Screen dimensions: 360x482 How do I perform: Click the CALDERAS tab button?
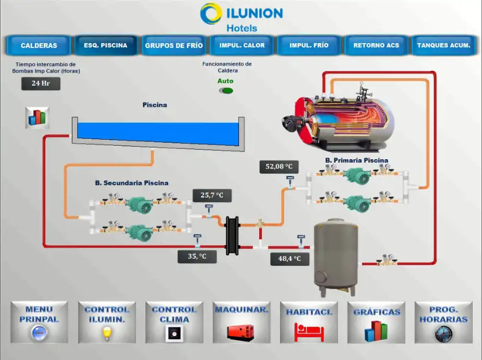click(x=39, y=45)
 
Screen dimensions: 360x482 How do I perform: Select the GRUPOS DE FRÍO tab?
click(x=174, y=45)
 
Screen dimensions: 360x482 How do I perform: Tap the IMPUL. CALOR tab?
click(x=242, y=45)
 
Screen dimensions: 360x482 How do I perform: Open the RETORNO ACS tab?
click(x=376, y=45)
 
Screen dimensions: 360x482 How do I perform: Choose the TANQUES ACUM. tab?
click(x=443, y=45)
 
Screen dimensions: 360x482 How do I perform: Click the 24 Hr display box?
click(x=40, y=83)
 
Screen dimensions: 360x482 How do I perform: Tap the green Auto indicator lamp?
click(x=225, y=91)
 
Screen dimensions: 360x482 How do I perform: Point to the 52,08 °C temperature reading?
click(x=279, y=166)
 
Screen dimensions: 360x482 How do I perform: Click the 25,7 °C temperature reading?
click(x=212, y=195)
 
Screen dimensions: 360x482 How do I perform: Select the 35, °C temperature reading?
click(x=197, y=256)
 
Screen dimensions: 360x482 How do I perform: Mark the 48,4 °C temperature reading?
click(x=289, y=259)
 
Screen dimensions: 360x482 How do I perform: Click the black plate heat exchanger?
click(x=233, y=235)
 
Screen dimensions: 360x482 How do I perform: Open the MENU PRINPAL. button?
click(x=39, y=322)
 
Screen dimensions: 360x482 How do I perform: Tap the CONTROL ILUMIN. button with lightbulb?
click(x=107, y=322)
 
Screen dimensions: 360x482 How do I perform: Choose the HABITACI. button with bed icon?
click(x=309, y=322)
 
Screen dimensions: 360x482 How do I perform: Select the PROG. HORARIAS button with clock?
click(x=443, y=322)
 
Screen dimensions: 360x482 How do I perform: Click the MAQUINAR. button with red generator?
click(x=241, y=322)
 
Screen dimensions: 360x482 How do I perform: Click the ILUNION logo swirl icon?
click(x=210, y=14)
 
